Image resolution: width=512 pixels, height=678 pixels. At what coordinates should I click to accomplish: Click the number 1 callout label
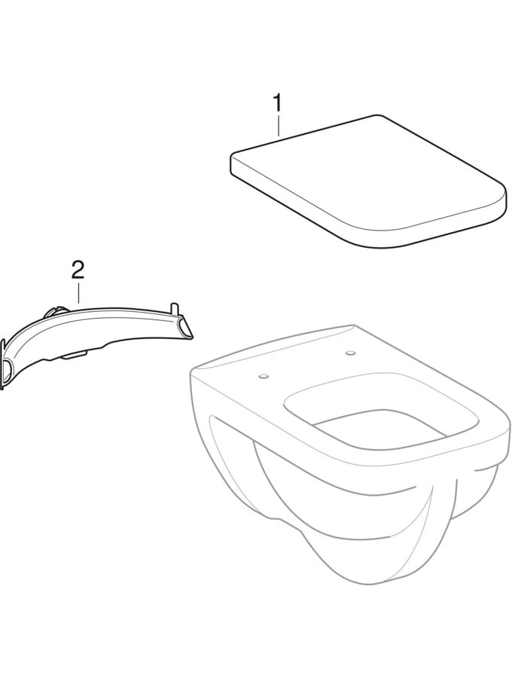pyautogui.click(x=277, y=104)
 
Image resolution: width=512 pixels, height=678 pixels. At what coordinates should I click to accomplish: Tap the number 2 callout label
pyautogui.click(x=78, y=271)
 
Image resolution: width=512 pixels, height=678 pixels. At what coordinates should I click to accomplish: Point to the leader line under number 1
pyautogui.click(x=279, y=125)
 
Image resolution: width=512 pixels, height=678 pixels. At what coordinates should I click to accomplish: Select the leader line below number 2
pyautogui.click(x=78, y=292)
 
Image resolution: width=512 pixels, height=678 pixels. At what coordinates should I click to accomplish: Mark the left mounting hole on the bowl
pyautogui.click(x=262, y=377)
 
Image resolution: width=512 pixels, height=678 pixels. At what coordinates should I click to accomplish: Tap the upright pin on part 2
pyautogui.click(x=175, y=309)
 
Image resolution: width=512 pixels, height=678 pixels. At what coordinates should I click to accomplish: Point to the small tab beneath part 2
pyautogui.click(x=75, y=355)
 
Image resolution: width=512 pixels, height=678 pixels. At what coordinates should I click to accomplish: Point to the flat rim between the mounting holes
pyautogui.click(x=306, y=363)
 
